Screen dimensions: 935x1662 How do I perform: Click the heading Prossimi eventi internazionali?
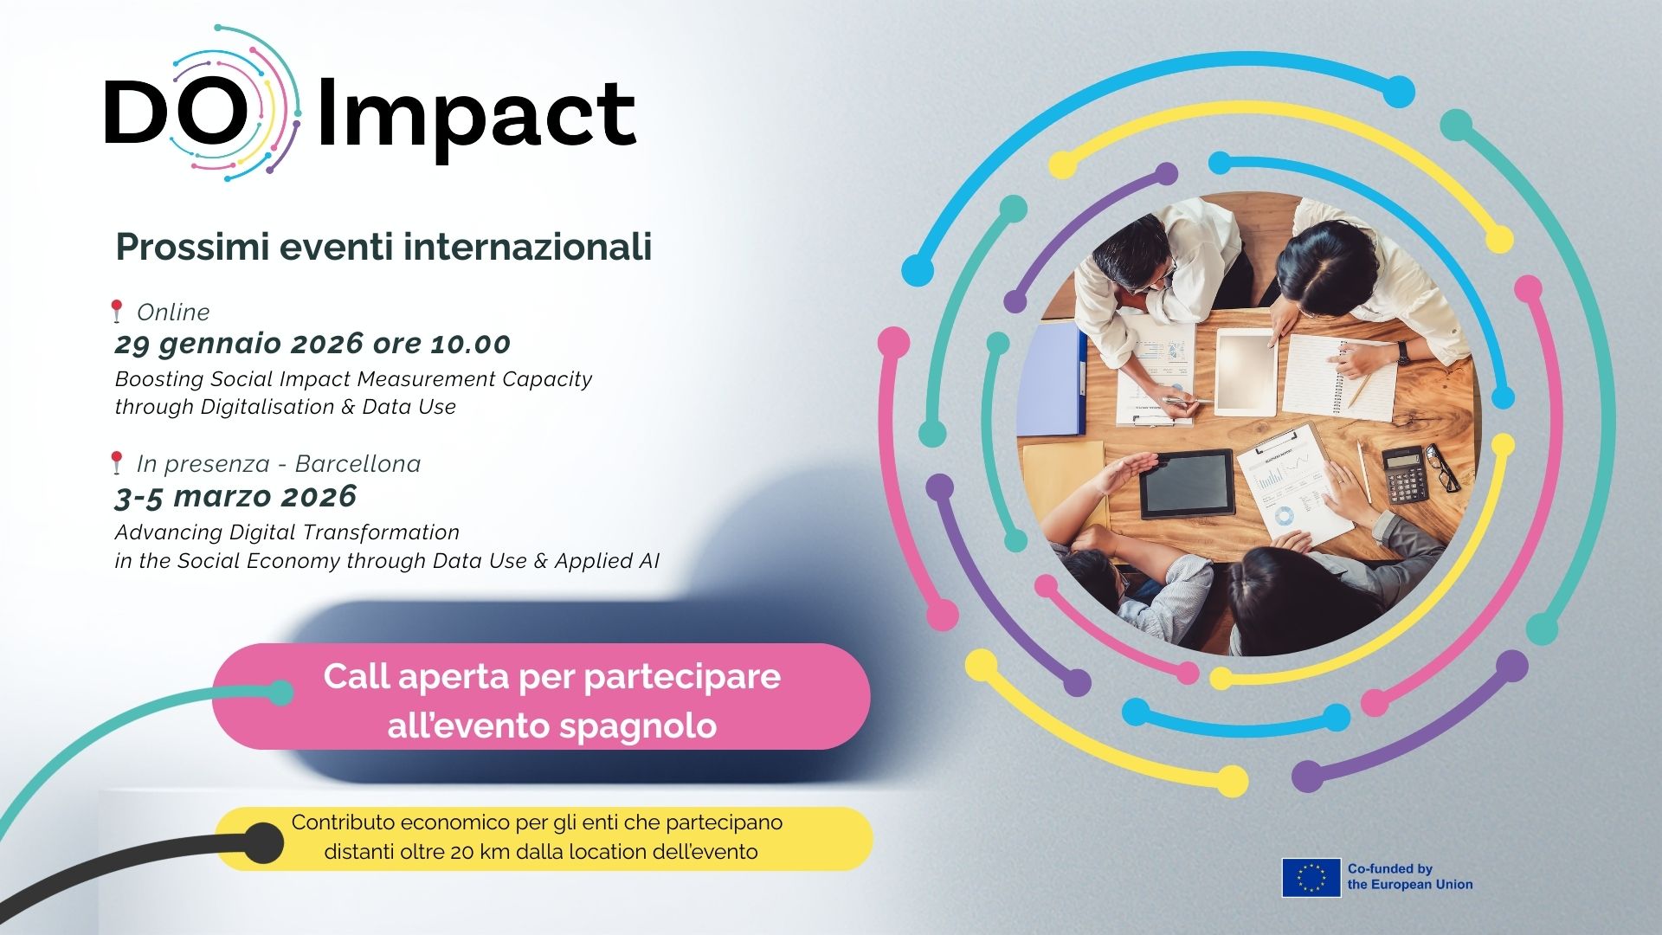click(x=383, y=247)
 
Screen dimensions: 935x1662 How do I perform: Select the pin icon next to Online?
click(x=116, y=311)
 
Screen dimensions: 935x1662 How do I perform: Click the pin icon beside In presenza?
click(x=116, y=462)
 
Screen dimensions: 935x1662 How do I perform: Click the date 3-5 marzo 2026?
click(x=235, y=496)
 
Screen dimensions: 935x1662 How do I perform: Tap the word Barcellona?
click(x=358, y=463)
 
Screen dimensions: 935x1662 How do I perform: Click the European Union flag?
click(x=1311, y=877)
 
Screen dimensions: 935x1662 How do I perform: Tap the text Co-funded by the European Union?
click(x=1409, y=876)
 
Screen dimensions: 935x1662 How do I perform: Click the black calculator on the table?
click(x=1404, y=475)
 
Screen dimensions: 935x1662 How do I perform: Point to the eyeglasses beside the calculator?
click(x=1442, y=467)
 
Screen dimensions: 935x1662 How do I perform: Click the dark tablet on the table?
click(x=1186, y=484)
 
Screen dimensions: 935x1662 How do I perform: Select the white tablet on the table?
click(x=1246, y=371)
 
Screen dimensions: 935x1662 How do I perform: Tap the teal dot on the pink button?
click(x=280, y=693)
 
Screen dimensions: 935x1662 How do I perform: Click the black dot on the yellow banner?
click(x=261, y=843)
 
